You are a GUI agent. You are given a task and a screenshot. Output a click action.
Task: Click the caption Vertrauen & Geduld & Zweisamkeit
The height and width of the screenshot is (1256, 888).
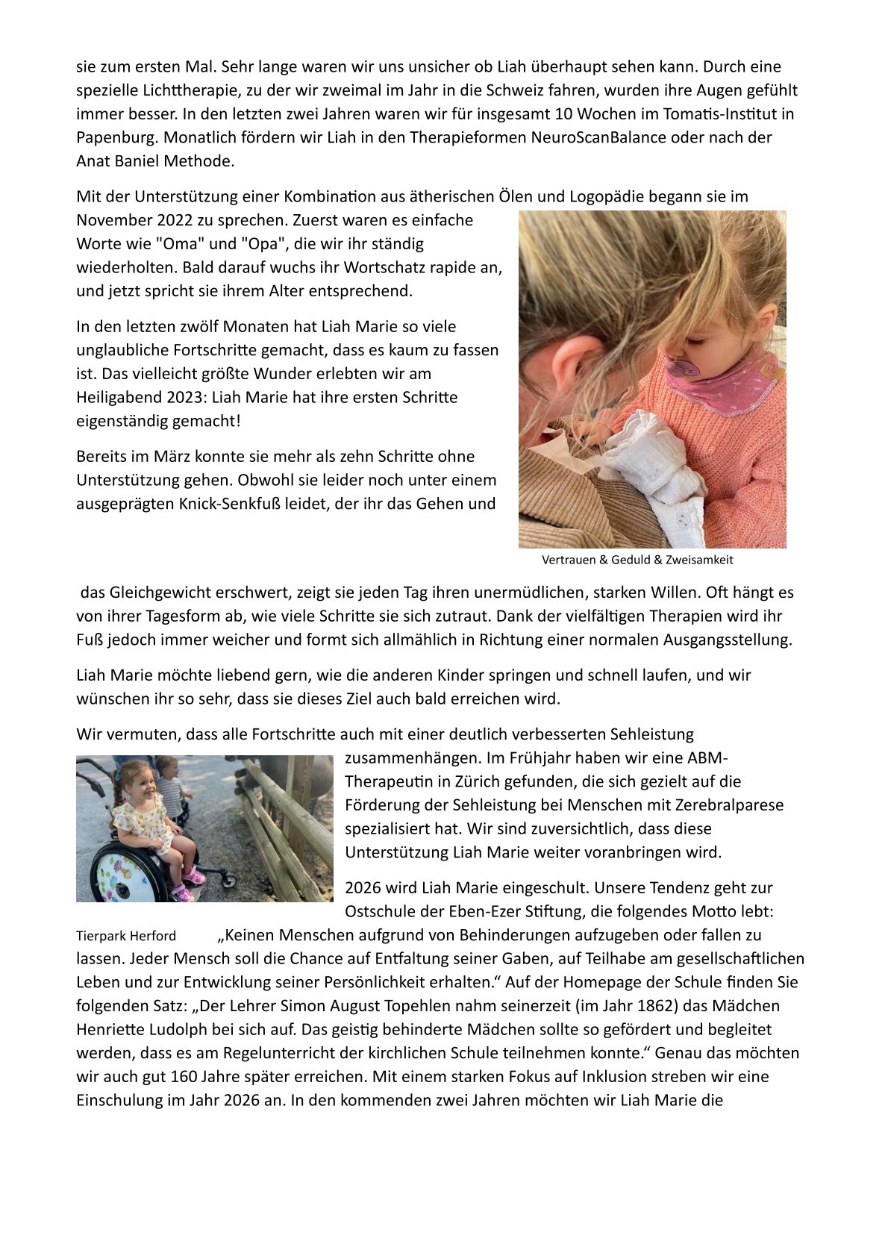point(637,560)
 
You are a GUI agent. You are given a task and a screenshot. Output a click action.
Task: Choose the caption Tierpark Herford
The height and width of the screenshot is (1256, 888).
point(126,936)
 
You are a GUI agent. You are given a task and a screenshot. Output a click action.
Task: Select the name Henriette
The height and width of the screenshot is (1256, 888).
point(111,1029)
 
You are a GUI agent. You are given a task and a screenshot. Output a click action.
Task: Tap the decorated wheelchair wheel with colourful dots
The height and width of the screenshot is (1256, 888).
point(121,868)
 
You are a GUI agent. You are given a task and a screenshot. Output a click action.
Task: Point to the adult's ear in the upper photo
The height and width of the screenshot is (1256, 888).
point(578,363)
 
